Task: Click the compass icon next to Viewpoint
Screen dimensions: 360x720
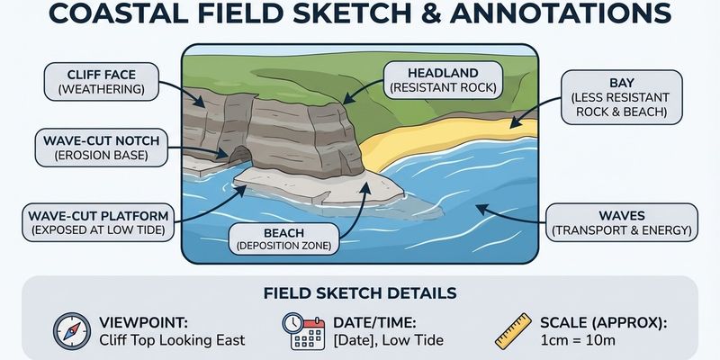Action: point(70,330)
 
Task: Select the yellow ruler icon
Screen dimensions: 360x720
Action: point(514,330)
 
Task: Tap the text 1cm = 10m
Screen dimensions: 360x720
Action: point(577,340)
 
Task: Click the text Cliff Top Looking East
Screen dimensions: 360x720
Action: point(172,340)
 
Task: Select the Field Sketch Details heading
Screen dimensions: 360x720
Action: point(359,292)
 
